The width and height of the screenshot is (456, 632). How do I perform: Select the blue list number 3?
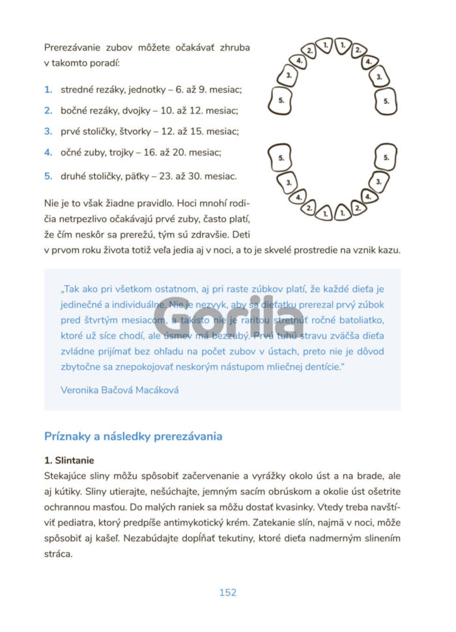coord(48,131)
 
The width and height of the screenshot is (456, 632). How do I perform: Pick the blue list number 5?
coord(48,176)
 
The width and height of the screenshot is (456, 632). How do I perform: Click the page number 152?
coord(227,592)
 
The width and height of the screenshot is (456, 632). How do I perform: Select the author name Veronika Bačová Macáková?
coord(119,391)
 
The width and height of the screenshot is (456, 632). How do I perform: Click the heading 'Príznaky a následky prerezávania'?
coord(133,436)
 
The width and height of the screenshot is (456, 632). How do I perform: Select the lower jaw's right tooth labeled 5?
coord(386,158)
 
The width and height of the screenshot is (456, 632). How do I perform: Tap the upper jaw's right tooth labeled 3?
coord(379,77)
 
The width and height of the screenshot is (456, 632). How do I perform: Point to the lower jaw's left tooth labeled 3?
coord(286,180)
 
